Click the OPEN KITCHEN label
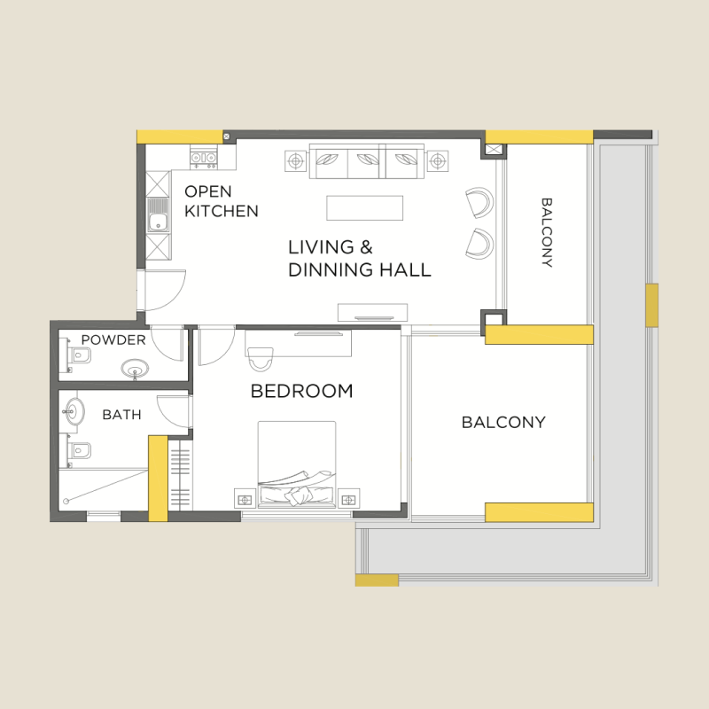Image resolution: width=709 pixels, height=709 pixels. [221, 201]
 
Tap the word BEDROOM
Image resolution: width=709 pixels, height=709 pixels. [301, 391]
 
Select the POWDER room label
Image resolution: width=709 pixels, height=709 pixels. [113, 340]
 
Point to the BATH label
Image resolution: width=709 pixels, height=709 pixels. [121, 415]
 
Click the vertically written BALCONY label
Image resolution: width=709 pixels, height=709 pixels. [546, 232]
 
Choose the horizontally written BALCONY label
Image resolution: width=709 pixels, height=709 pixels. [503, 423]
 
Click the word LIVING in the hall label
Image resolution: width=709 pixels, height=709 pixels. [321, 247]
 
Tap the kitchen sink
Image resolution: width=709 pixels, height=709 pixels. [158, 222]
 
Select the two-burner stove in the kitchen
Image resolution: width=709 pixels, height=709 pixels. [204, 159]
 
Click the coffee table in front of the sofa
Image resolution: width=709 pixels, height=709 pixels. [364, 207]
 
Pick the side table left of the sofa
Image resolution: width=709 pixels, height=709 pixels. [296, 161]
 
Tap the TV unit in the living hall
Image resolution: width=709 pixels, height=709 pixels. [372, 312]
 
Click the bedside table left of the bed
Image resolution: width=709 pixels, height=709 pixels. [246, 499]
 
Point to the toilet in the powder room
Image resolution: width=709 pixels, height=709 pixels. [80, 358]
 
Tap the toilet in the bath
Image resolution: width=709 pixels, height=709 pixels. [79, 449]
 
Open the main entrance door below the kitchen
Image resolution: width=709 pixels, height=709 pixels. [161, 289]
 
